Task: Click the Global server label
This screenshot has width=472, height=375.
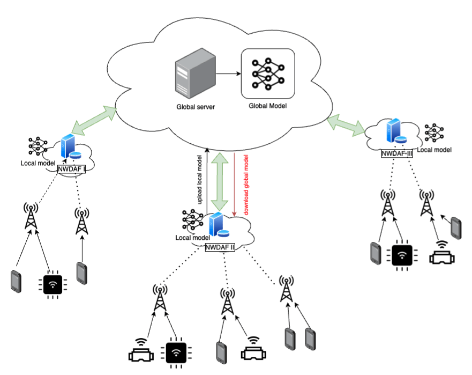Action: tap(196, 107)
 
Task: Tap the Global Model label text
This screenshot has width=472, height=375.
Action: tap(268, 106)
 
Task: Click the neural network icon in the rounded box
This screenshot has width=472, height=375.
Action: tap(268, 73)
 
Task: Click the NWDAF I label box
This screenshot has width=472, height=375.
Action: tap(72, 169)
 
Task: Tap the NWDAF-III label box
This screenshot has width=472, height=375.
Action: tap(397, 153)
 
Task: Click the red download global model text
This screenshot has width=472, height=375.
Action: tap(246, 185)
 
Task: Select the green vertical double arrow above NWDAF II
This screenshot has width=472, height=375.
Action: tap(219, 181)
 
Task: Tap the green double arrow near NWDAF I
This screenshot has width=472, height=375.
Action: tap(94, 121)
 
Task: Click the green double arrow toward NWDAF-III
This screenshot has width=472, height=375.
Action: tap(346, 123)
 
